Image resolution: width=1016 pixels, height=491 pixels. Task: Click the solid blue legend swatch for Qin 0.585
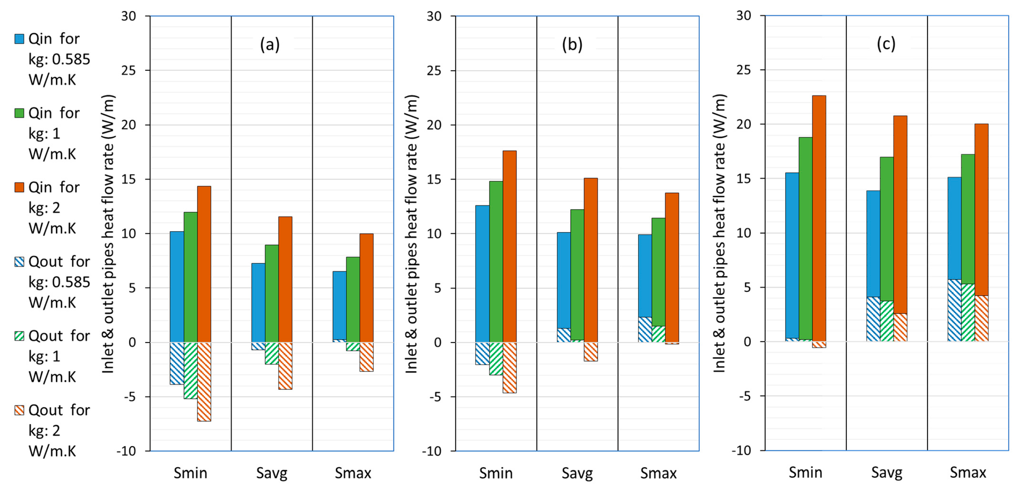(19, 39)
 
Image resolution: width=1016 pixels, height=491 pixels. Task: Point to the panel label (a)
(270, 45)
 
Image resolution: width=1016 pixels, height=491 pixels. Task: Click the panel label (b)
(572, 45)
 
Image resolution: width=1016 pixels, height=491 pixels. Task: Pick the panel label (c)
(886, 44)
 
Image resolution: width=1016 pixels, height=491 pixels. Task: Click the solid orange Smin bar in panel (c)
(819, 217)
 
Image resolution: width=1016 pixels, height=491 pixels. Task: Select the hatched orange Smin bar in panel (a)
(204, 381)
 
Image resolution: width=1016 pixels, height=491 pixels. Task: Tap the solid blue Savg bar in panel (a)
(258, 302)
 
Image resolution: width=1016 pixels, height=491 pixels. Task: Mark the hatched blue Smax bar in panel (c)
(954, 310)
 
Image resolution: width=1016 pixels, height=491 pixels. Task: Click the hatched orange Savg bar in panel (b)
(590, 351)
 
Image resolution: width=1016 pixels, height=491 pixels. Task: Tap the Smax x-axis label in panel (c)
(968, 472)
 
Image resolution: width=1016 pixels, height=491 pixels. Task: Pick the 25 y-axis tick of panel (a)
(128, 71)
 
